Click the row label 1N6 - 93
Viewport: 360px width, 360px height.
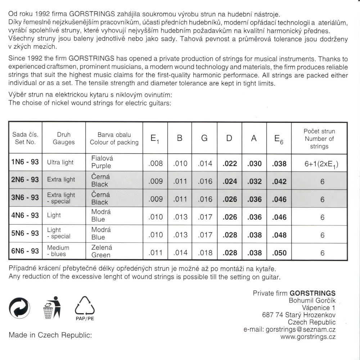click(25, 163)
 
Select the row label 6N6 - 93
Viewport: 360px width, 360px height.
click(25, 251)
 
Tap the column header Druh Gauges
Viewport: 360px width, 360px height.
click(64, 139)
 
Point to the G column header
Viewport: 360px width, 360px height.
click(204, 139)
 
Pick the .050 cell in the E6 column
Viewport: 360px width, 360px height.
click(279, 253)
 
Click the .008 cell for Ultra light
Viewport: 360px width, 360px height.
click(156, 163)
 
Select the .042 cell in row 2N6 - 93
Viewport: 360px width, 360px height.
click(279, 181)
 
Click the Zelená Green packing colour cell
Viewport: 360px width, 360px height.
click(101, 251)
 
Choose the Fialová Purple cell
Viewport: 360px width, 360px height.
click(101, 162)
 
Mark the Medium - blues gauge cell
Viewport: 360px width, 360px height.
click(58, 251)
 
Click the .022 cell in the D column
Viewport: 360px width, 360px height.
click(230, 163)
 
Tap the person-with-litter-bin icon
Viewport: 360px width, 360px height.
click(52, 307)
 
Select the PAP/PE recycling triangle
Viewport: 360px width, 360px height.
click(85, 307)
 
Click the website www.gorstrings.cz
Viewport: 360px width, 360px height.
click(308, 337)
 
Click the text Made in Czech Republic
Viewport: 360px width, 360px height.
click(50, 335)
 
